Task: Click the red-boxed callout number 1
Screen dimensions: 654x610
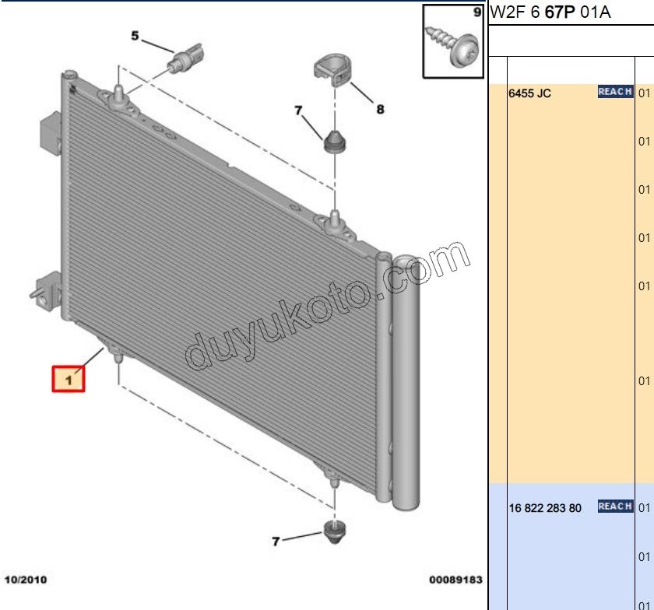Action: (x=69, y=379)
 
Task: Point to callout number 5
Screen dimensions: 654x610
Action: (x=135, y=36)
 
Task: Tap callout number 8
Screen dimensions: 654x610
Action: (x=380, y=109)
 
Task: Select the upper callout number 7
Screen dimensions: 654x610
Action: (x=298, y=110)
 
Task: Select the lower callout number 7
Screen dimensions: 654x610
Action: (x=276, y=542)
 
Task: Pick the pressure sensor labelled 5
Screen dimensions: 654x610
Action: (x=185, y=58)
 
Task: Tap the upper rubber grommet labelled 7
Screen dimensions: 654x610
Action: (x=335, y=142)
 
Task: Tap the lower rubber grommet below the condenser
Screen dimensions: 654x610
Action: (x=335, y=531)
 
